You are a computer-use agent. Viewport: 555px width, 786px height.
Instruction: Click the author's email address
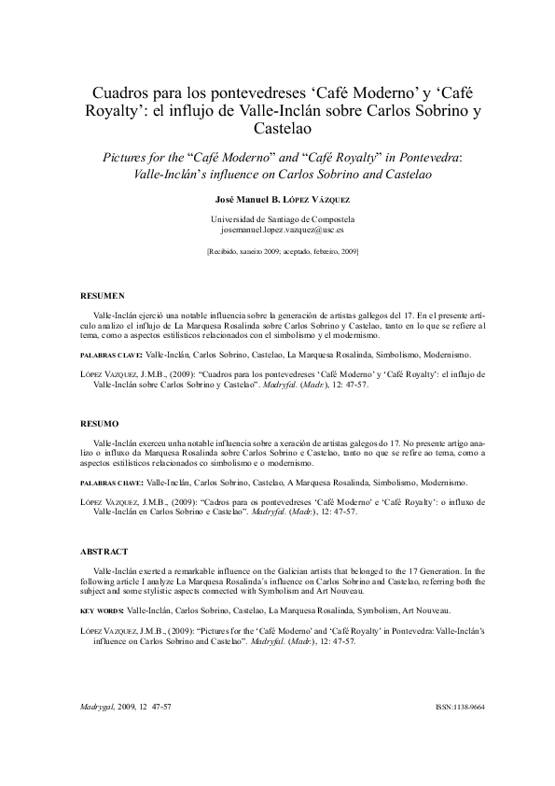282,228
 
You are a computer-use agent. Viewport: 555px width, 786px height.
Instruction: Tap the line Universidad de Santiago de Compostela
282,218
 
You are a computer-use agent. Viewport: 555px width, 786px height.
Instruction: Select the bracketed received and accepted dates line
282,251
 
